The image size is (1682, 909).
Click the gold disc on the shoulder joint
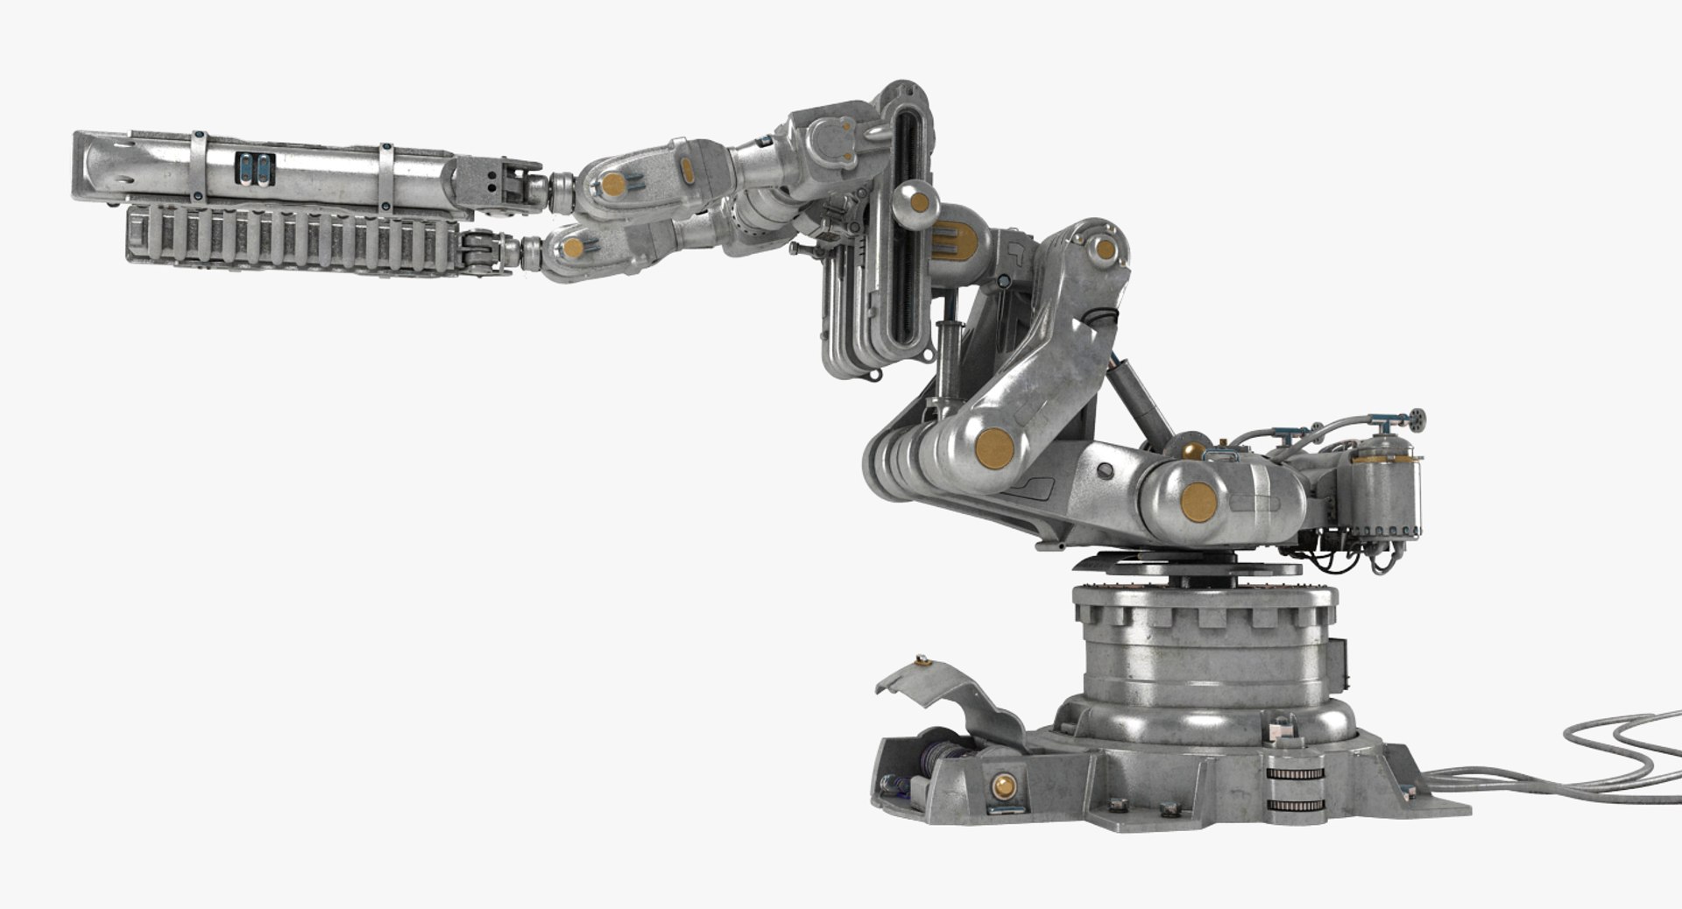pos(1198,502)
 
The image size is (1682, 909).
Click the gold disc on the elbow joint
pos(994,447)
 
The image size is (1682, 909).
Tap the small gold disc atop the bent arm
pos(1106,250)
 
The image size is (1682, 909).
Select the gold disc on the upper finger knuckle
pos(614,184)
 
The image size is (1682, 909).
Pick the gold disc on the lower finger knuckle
pos(573,248)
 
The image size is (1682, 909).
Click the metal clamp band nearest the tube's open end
pos(199,166)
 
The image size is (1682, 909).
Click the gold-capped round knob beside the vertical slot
pos(918,202)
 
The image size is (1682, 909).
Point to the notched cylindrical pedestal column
pos(1205,648)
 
